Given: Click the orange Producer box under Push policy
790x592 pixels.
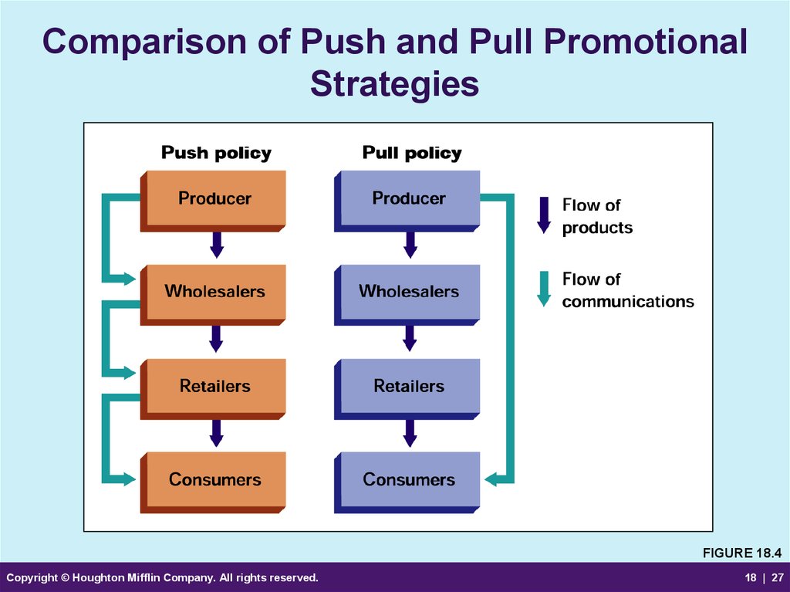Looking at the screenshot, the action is (213, 201).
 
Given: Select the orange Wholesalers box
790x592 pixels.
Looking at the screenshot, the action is (213, 295).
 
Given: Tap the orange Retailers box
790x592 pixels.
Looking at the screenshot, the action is (213, 389).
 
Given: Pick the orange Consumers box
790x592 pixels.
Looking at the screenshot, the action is (213, 482).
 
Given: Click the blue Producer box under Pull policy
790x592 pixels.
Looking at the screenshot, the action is (407, 201).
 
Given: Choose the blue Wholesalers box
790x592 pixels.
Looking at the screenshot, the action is (407, 295).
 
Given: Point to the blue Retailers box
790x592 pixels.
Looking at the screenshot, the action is (407, 389).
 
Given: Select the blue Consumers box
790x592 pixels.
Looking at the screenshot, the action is (407, 482).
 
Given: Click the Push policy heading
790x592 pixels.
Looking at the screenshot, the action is (216, 153).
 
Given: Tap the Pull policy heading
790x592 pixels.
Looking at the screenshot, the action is (412, 153).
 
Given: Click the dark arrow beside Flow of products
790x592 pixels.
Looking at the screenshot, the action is (544, 215).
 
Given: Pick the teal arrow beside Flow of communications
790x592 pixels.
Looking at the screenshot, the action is (544, 289).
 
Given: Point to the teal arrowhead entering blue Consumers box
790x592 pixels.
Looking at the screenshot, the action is (491, 479).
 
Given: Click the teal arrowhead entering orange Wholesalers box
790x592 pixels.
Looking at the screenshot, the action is (129, 279).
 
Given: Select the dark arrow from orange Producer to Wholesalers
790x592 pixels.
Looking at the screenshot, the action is (217, 245).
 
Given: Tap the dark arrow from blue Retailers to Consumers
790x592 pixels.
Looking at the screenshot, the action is (410, 433).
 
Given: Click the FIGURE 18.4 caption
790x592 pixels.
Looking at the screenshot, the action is (742, 553).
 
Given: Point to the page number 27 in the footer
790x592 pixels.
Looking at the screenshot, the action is (778, 577).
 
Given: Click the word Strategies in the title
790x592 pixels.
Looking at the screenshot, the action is (394, 84).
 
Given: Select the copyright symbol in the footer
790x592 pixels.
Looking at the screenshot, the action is (65, 578).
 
